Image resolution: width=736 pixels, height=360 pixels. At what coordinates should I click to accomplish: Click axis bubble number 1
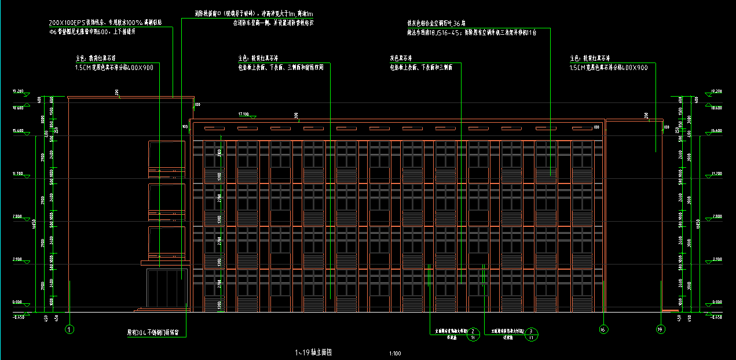click(x=69, y=329)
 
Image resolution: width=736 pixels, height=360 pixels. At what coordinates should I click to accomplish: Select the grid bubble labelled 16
click(x=603, y=329)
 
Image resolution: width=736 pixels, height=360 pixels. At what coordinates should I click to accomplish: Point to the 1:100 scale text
click(x=396, y=353)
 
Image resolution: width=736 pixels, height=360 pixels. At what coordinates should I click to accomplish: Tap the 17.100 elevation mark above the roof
click(x=244, y=114)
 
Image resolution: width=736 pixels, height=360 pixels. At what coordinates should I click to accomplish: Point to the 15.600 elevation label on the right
click(x=717, y=131)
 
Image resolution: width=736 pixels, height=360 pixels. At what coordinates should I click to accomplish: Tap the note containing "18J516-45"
click(x=472, y=33)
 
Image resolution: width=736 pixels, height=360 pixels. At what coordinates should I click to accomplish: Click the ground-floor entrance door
click(x=167, y=290)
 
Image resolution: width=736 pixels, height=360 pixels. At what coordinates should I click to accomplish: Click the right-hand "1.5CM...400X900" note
click(x=609, y=68)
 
